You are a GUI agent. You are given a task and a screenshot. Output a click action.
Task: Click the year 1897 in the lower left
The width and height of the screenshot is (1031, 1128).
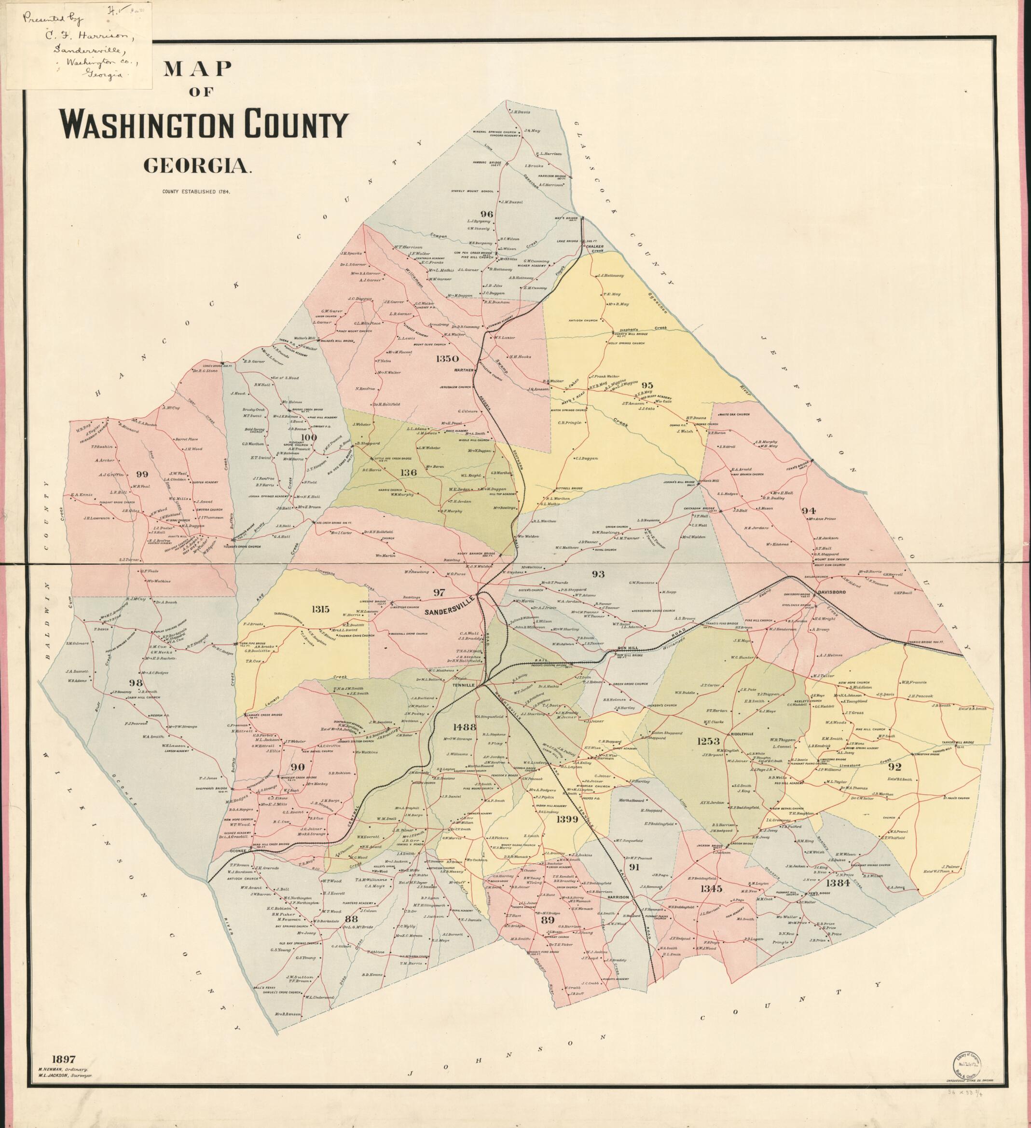point(64,1058)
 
